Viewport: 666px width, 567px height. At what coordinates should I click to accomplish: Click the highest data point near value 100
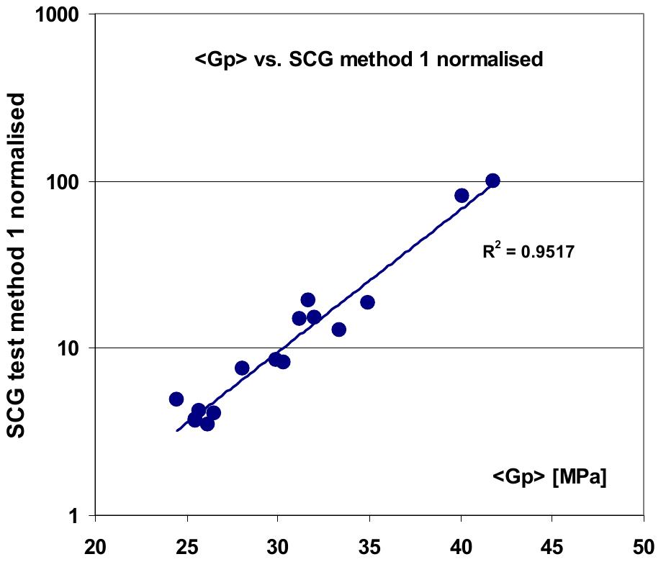tap(492, 181)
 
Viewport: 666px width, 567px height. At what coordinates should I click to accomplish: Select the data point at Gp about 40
tap(462, 195)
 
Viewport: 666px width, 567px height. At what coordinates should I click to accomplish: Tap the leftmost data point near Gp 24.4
tap(176, 399)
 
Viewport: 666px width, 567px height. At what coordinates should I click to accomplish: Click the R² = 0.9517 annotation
tap(528, 253)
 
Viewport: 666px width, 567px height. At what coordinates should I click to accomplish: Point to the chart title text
tap(369, 60)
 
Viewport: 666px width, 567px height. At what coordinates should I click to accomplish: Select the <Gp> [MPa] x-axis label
tap(549, 477)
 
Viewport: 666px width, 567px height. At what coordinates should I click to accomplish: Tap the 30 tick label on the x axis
tap(278, 545)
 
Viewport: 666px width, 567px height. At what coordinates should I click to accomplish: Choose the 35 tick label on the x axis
tap(369, 545)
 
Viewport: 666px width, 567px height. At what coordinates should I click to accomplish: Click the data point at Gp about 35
tap(367, 302)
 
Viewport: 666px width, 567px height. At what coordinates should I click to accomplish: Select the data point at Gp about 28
tap(242, 368)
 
